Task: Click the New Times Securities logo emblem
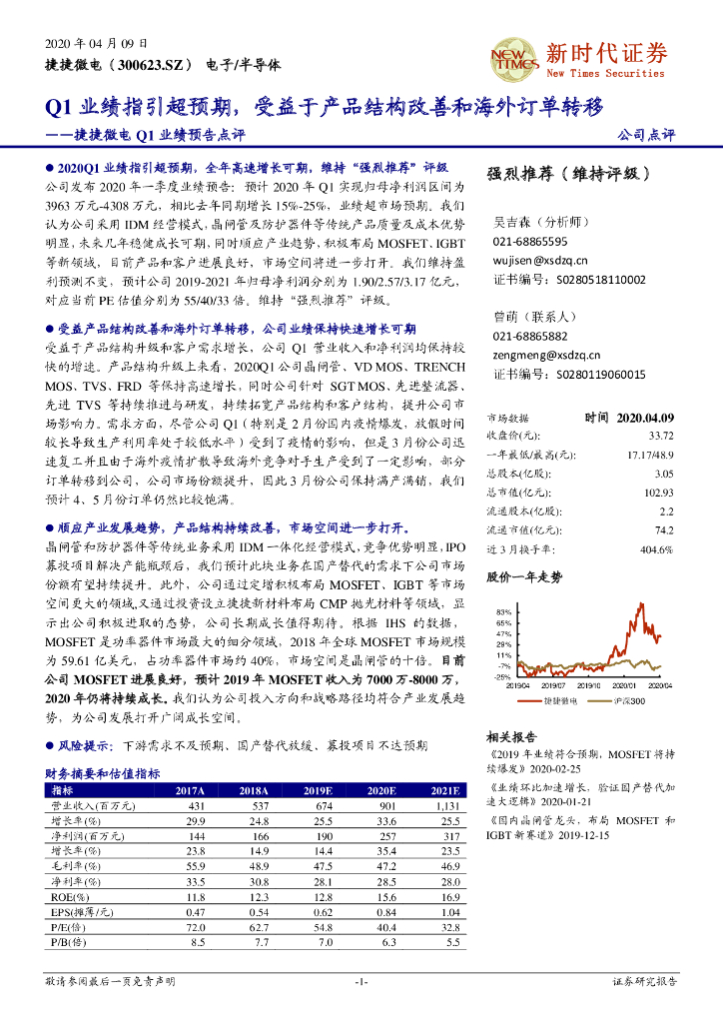[513, 59]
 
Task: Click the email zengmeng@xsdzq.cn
[546, 354]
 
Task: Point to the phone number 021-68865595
[530, 242]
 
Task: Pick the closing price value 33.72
[660, 435]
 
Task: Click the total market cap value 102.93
[658, 493]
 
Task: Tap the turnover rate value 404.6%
[656, 549]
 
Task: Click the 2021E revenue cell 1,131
[444, 805]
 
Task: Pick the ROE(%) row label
[69, 897]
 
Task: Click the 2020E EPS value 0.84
[384, 912]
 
